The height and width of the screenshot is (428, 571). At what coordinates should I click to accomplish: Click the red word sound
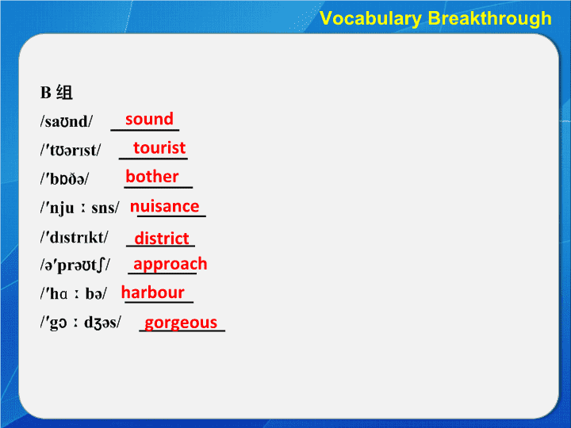point(149,119)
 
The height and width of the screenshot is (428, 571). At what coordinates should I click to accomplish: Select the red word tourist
point(159,147)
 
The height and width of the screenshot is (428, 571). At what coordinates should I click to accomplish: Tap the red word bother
point(151,176)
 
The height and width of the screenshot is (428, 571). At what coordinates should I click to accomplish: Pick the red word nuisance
point(165,206)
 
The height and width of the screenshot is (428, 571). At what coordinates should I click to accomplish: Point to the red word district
point(162,239)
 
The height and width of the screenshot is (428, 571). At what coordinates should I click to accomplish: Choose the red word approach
point(170,264)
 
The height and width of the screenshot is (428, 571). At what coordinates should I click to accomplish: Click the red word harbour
point(152,292)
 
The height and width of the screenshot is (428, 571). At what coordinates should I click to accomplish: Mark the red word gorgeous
point(181,323)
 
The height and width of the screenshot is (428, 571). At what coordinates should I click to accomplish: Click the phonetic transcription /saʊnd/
point(67,121)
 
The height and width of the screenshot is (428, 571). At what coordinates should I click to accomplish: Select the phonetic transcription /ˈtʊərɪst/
point(71,150)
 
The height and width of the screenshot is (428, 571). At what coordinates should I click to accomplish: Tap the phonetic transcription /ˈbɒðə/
point(64,178)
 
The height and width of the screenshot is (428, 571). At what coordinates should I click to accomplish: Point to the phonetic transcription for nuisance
point(80,208)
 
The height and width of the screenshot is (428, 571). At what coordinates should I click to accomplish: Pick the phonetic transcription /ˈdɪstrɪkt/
point(75,237)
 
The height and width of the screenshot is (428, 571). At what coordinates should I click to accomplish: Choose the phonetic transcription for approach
point(75,266)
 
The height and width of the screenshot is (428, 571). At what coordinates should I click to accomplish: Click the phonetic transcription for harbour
point(74,293)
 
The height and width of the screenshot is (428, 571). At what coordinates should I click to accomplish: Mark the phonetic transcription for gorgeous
point(81,323)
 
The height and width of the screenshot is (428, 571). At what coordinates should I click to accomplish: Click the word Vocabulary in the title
point(370,18)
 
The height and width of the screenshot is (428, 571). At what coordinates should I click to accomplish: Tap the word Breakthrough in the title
point(490,18)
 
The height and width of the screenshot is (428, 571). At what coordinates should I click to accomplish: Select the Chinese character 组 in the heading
point(64,93)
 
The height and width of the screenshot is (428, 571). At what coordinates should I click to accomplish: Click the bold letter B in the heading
point(45,93)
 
